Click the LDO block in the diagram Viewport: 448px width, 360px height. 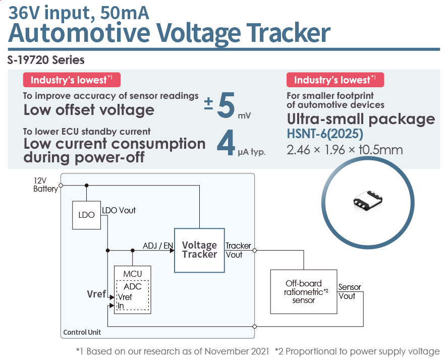click(87, 215)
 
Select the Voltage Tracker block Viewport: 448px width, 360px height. click(199, 250)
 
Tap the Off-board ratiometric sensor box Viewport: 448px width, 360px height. click(304, 291)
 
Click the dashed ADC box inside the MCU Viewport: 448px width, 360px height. click(133, 295)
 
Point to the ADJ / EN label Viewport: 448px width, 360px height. click(158, 246)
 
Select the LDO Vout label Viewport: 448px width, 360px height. click(119, 210)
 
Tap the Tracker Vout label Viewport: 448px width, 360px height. click(238, 250)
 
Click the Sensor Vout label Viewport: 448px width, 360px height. click(349, 291)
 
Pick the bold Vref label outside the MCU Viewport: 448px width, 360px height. click(97, 294)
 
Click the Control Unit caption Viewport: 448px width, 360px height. click(82, 332)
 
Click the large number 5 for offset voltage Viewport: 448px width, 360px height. click(226, 107)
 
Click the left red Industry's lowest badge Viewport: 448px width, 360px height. click(72, 80)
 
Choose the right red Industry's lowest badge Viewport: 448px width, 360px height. click(335, 80)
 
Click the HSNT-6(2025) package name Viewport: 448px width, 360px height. click(325, 135)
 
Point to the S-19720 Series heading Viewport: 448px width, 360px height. click(46, 60)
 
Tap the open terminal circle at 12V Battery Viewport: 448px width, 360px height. click(61, 185)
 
